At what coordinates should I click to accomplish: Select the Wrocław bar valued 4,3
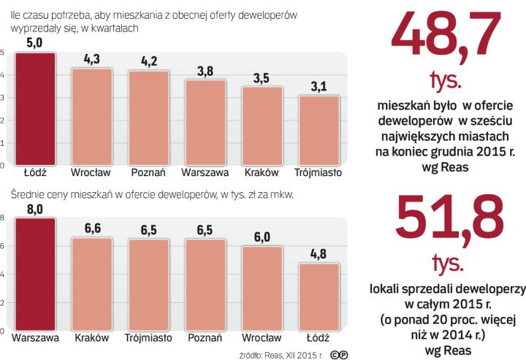tap(91, 117)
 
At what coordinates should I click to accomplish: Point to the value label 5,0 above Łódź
tap(35, 43)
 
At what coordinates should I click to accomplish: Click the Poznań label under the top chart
tap(148, 173)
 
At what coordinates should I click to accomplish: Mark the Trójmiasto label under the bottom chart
tap(148, 338)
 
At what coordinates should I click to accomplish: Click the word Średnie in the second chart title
tap(26, 194)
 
